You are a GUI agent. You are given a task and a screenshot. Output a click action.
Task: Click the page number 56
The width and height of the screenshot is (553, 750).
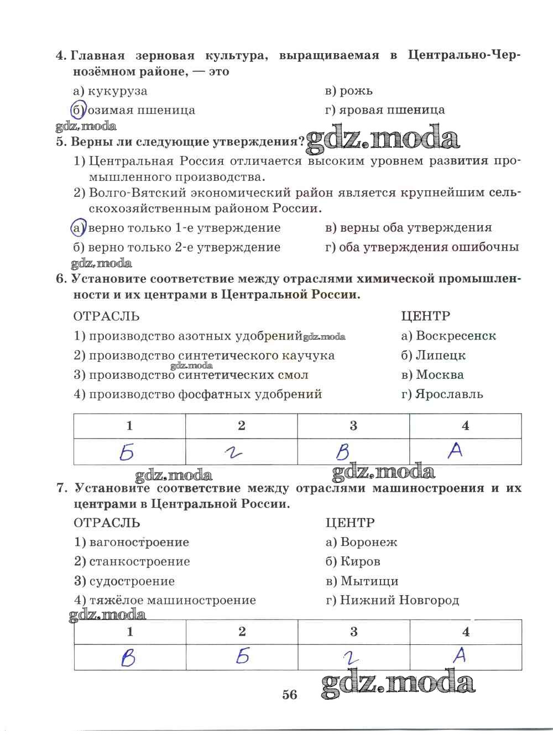coord(289,695)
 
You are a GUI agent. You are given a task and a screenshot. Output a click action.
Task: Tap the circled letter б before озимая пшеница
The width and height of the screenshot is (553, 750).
coord(78,110)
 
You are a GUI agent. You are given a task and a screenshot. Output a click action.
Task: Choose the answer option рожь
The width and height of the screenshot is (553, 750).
coord(356,91)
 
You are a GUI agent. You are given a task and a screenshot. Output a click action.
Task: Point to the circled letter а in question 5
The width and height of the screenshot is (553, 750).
coord(78,227)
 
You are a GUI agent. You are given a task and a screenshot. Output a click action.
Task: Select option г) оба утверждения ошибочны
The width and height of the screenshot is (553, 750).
coord(422,247)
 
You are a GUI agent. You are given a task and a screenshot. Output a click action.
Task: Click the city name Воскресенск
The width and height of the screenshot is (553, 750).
coord(456,336)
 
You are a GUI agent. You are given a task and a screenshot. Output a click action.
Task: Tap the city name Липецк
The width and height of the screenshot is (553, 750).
coord(441,355)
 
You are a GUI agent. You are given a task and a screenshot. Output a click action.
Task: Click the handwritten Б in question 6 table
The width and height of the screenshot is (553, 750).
coord(127,453)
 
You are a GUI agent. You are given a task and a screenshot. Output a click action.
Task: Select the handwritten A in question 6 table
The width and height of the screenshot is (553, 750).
coord(455,451)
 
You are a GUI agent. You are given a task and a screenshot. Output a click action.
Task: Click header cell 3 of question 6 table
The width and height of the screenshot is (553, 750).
coord(353,425)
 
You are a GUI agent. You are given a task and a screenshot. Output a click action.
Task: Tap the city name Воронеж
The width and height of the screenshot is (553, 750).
coord(369,542)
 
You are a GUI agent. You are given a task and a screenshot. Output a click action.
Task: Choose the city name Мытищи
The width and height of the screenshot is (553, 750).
coord(369,581)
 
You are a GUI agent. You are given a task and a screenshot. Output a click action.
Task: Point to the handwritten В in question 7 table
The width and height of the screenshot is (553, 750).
coord(128,658)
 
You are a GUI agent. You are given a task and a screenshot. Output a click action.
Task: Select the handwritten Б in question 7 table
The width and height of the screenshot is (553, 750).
coord(242,657)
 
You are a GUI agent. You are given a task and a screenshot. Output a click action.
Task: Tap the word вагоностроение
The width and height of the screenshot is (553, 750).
coord(139,542)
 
